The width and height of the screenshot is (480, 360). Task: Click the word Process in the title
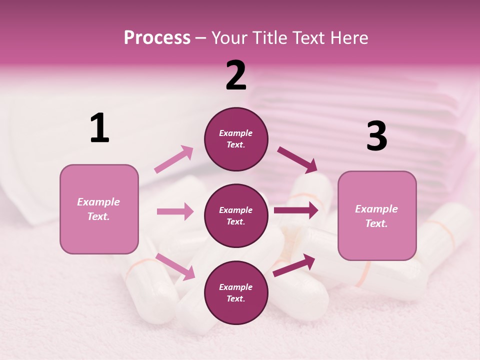[x=157, y=38]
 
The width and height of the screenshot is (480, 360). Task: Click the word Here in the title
[x=348, y=38]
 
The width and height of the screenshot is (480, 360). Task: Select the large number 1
[x=99, y=128]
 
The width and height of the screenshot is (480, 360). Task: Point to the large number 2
[x=236, y=75]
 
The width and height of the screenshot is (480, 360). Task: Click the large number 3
[x=376, y=136]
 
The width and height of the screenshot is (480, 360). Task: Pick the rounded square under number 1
[x=99, y=209]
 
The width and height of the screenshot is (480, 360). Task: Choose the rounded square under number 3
[x=377, y=216]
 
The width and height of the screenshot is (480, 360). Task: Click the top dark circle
[x=236, y=139]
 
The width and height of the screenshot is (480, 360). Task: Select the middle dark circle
[x=236, y=216]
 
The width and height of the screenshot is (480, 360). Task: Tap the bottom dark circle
[x=236, y=293]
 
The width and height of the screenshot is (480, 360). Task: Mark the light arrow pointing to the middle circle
[x=175, y=211]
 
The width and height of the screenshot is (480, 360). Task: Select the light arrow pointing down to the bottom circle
[x=175, y=266]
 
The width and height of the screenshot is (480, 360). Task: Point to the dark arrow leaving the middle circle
[x=295, y=210]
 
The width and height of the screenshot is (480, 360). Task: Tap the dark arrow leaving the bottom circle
[x=294, y=265]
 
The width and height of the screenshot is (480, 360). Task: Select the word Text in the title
[x=307, y=38]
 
